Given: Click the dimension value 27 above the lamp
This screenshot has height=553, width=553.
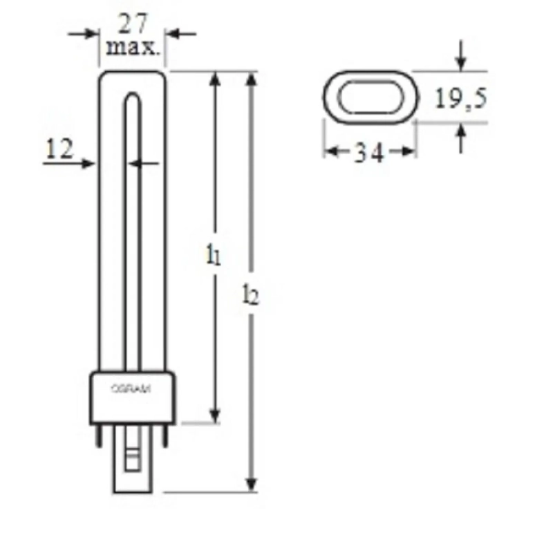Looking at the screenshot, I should pyautogui.click(x=133, y=25).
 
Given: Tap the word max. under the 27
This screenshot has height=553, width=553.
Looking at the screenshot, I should pyautogui.click(x=133, y=49).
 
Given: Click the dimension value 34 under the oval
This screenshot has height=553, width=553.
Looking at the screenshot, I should pyautogui.click(x=370, y=153).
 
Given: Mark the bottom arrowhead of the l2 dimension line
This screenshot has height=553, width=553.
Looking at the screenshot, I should pyautogui.click(x=252, y=483).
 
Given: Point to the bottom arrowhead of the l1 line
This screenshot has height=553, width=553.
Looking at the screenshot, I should pyautogui.click(x=216, y=415).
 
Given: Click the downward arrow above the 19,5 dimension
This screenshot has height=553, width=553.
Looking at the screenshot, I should pyautogui.click(x=461, y=62).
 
